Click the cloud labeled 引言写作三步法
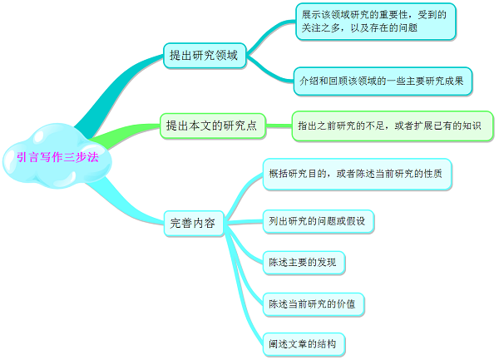click(57, 156)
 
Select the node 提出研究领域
click(205, 56)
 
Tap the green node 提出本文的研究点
click(213, 126)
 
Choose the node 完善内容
click(194, 224)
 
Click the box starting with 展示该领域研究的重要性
click(376, 22)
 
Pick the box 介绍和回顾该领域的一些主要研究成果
click(383, 81)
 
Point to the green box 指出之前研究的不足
click(393, 126)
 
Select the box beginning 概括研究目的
click(357, 175)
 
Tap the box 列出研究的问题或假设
click(319, 221)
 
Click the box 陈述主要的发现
click(304, 263)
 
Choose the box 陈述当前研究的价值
click(314, 304)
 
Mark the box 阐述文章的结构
click(304, 344)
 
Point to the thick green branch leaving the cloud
click(124, 133)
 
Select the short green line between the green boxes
click(279, 126)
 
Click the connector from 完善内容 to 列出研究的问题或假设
click(244, 222)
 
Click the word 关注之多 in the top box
click(320, 28)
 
